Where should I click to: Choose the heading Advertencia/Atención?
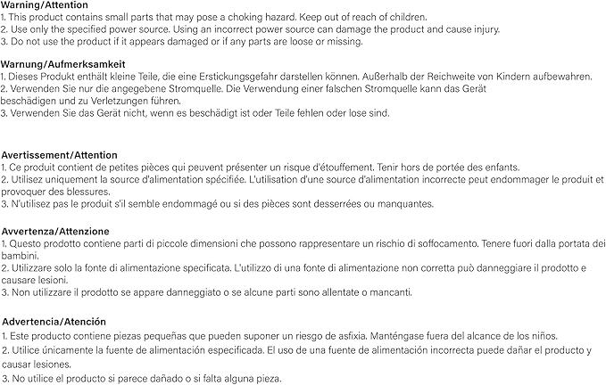point(54,321)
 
